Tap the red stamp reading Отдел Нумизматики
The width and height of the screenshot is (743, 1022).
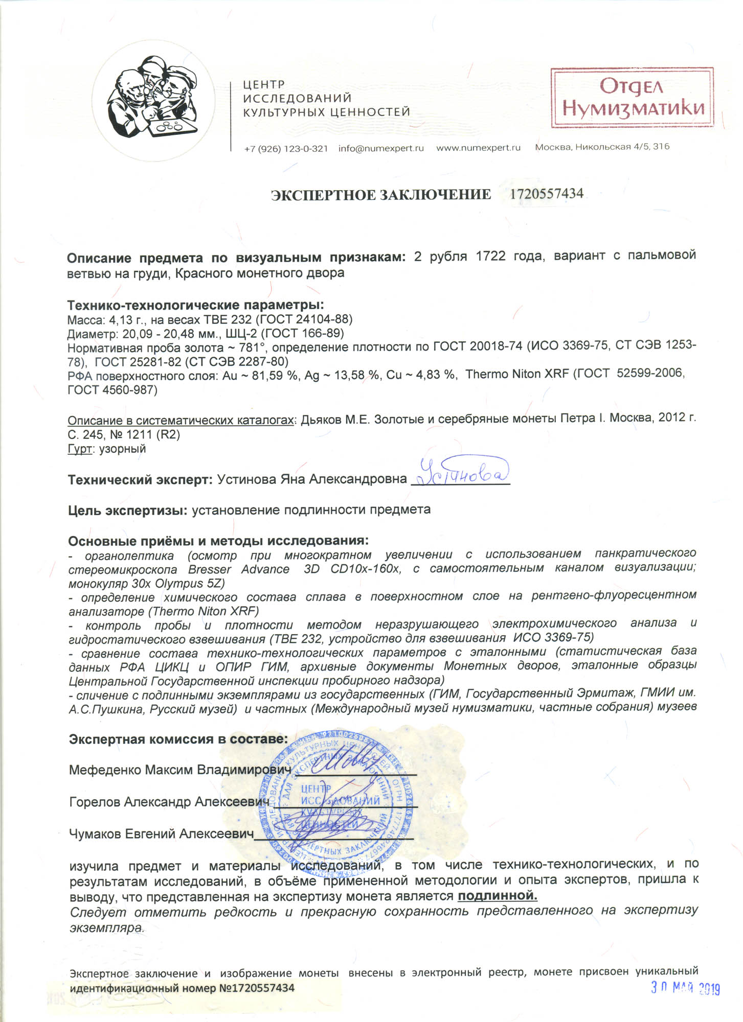(x=632, y=98)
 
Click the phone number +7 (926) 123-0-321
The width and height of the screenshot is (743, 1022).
(x=286, y=148)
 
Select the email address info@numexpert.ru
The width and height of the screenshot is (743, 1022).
(x=381, y=148)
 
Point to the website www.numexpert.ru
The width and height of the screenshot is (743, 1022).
(x=478, y=148)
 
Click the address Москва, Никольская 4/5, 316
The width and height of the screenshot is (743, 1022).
(x=602, y=147)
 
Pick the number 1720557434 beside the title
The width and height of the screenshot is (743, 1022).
(x=547, y=194)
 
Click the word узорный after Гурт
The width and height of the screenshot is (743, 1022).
(x=122, y=449)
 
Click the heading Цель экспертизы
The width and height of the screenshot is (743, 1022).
(x=128, y=510)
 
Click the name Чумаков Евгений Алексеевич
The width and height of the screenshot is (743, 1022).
(x=161, y=834)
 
